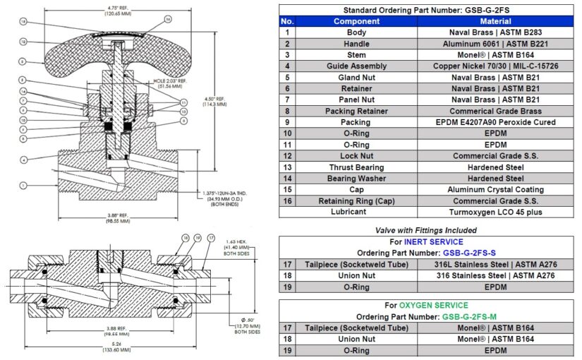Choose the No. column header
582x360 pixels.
point(286,21)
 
